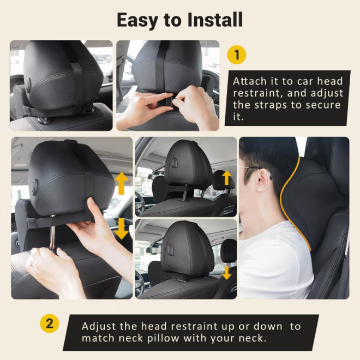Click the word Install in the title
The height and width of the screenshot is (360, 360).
point(215,20)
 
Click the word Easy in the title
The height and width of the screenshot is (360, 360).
point(137,21)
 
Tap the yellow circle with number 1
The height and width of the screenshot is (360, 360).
point(237,55)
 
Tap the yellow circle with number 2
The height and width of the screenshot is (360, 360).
point(50,323)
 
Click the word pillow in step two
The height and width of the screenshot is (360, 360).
point(163,338)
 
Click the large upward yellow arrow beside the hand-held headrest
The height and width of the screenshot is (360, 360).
point(121,183)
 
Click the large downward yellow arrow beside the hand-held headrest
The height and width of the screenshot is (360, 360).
point(121,229)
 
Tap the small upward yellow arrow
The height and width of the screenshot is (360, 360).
point(226,178)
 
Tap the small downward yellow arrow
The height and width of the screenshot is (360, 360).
point(227,273)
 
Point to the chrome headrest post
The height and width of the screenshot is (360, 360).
point(52,232)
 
